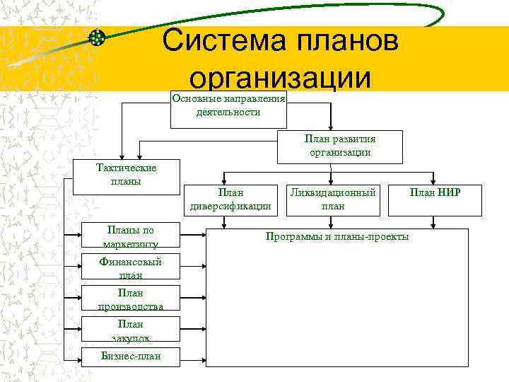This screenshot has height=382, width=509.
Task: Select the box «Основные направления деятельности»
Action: click(x=228, y=106)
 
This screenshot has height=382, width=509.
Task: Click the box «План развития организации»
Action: click(x=339, y=146)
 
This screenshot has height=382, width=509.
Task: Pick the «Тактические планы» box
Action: click(x=126, y=175)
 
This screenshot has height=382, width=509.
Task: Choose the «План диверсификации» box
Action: click(x=230, y=199)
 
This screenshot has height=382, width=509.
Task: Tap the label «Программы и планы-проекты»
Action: click(x=337, y=236)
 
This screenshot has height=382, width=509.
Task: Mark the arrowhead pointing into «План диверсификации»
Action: click(x=225, y=181)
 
